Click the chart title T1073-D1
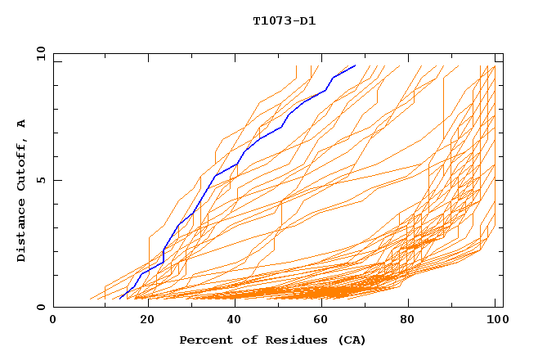284,20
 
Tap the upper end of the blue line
355,65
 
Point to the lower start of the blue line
116,299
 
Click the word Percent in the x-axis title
204,340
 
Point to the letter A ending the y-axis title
22,123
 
